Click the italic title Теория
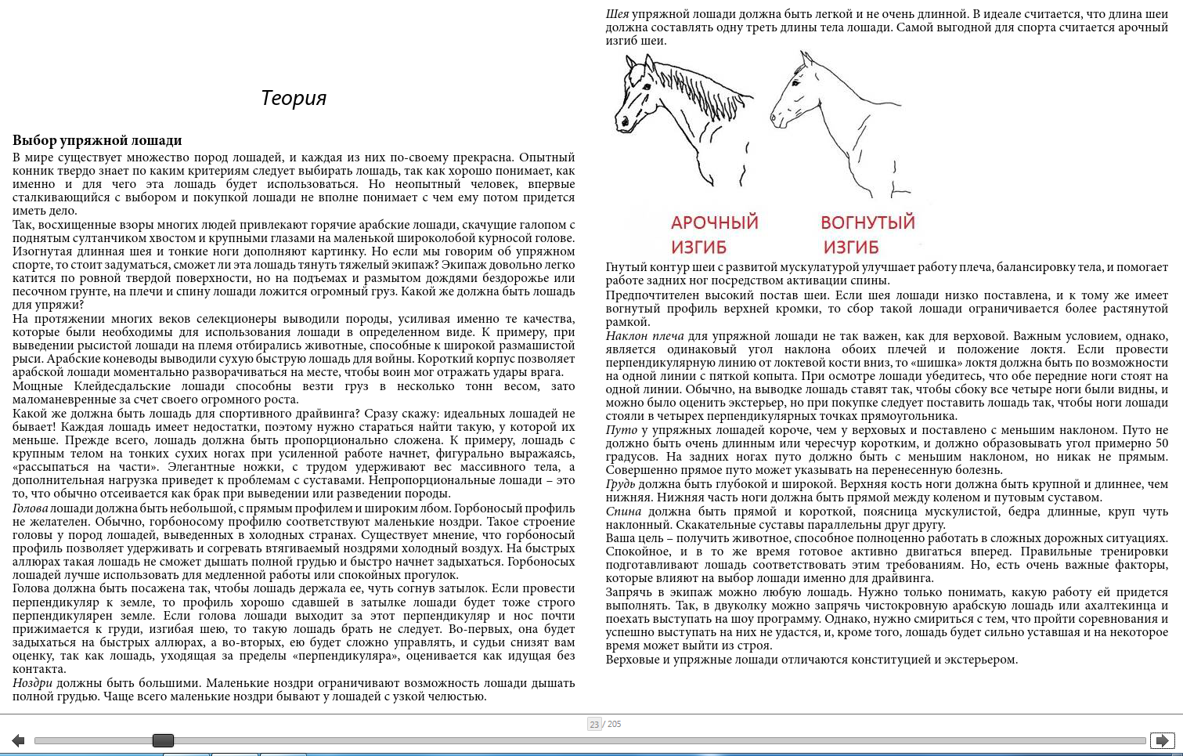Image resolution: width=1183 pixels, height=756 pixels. [x=293, y=98]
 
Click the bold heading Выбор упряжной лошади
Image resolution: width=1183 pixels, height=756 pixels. [x=97, y=140]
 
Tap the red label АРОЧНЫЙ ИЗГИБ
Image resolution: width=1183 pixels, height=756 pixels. [x=714, y=234]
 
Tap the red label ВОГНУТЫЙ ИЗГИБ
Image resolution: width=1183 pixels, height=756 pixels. [x=867, y=234]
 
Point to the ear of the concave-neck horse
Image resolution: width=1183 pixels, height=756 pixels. [x=806, y=59]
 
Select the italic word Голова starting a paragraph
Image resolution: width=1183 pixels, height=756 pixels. [x=30, y=508]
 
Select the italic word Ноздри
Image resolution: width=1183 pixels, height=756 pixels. [x=32, y=683]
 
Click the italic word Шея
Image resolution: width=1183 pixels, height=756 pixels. [x=617, y=14]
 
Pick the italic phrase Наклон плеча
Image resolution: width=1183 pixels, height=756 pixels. [x=644, y=336]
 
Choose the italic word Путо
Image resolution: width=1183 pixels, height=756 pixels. [x=621, y=430]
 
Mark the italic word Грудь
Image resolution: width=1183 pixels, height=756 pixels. [x=622, y=484]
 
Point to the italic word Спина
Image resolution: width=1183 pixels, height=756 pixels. [x=623, y=512]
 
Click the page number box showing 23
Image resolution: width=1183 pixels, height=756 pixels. [x=594, y=724]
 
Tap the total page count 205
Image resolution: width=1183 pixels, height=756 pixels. [x=615, y=724]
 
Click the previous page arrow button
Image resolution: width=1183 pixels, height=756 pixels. [x=18, y=740]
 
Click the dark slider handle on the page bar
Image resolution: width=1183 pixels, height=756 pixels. [x=163, y=740]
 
